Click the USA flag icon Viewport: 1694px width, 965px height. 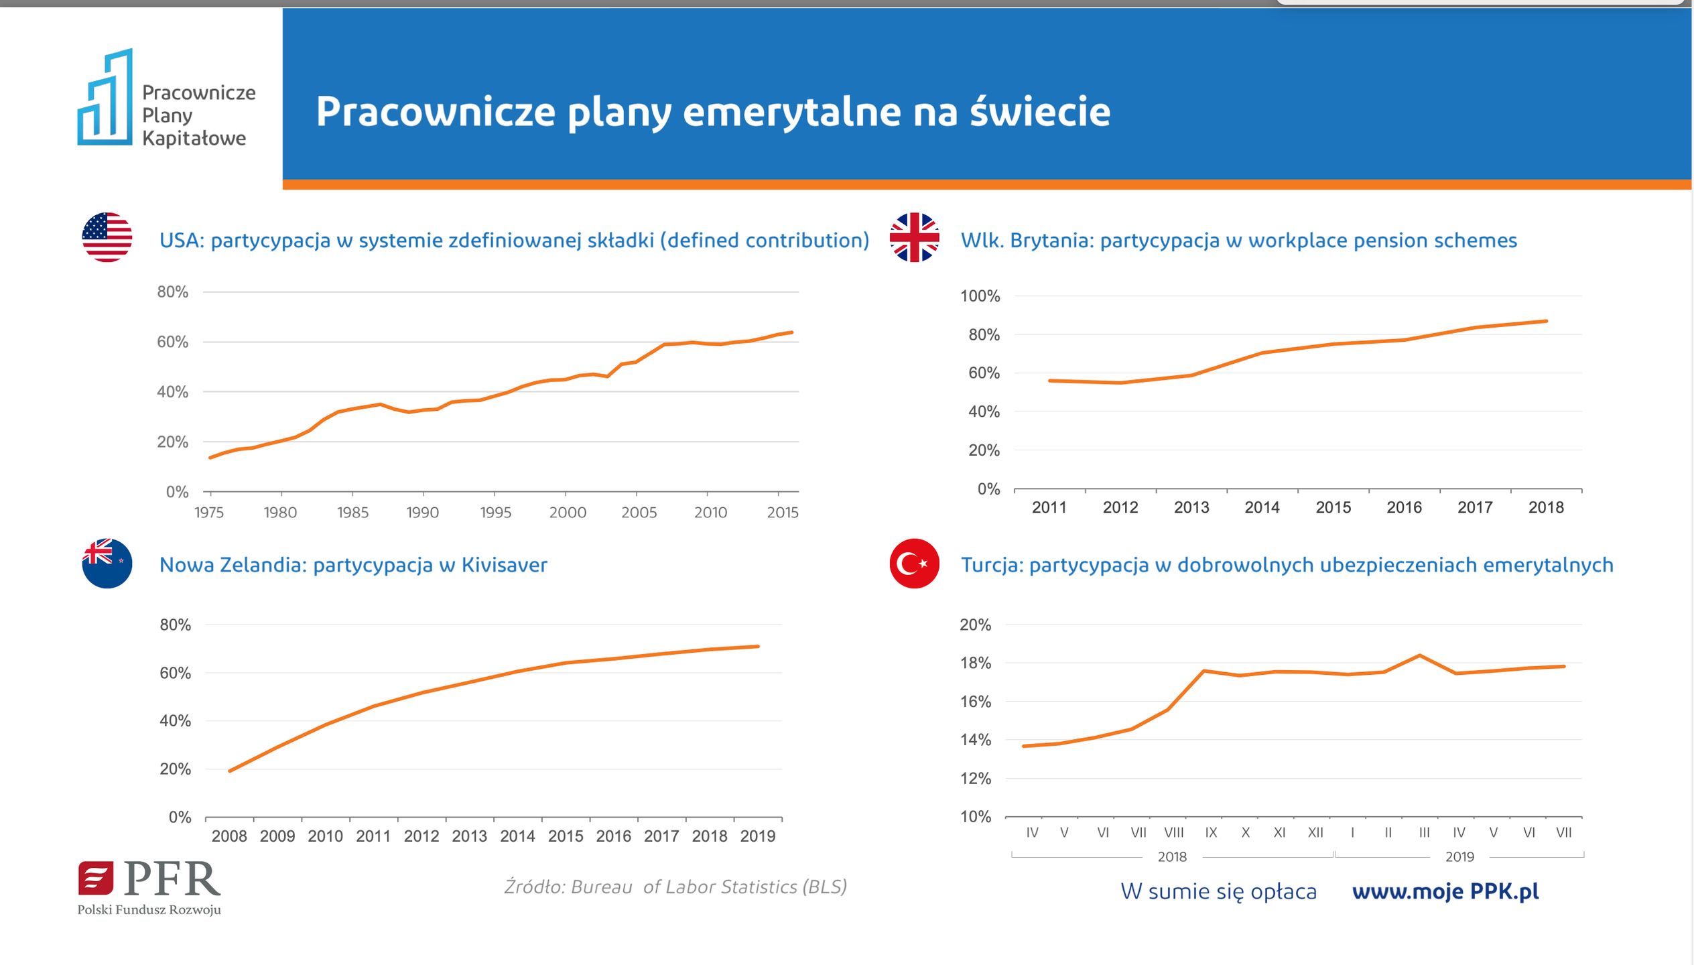[x=107, y=237]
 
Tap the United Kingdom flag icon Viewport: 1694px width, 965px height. [x=914, y=237]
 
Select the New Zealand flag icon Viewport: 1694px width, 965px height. [x=107, y=564]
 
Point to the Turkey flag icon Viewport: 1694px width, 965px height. [x=914, y=564]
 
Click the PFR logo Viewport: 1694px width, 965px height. [x=149, y=886]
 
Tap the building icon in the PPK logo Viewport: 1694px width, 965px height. [x=106, y=98]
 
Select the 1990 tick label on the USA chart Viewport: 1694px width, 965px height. [x=422, y=513]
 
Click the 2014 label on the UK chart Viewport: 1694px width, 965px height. [x=1262, y=507]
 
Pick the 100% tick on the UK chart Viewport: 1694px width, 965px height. [x=980, y=296]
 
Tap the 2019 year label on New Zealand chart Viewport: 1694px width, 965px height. [x=757, y=836]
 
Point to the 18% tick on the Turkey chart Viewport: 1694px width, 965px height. [x=975, y=663]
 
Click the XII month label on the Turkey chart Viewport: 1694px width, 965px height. [x=1315, y=832]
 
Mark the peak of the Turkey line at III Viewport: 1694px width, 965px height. [x=1420, y=655]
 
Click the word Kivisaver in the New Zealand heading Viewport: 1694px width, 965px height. [x=504, y=565]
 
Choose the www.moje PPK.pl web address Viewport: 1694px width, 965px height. [x=1445, y=891]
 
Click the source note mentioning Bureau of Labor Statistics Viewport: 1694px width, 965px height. [x=675, y=887]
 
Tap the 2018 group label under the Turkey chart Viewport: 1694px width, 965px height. [x=1172, y=856]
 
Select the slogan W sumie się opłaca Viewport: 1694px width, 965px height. [x=1218, y=891]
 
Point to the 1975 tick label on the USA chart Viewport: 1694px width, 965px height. [x=209, y=513]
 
